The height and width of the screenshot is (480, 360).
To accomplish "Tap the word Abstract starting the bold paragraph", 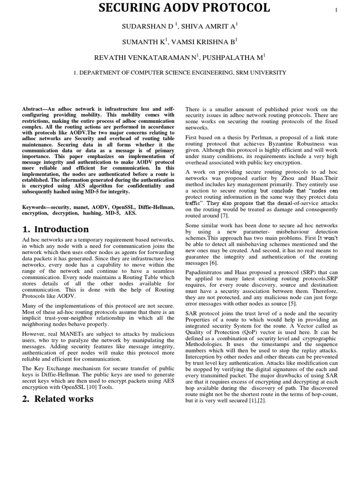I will (x=35, y=109).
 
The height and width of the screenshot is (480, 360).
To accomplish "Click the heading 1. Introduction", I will (x=55, y=229).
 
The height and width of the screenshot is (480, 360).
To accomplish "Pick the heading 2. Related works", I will (x=58, y=399).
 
